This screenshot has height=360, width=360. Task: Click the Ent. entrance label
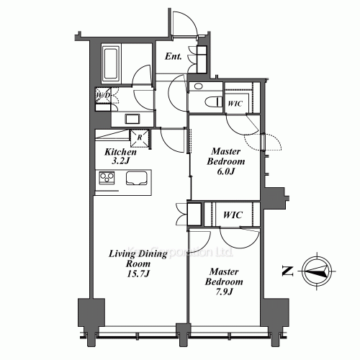click(173, 55)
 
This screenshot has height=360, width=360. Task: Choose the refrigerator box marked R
click(138, 138)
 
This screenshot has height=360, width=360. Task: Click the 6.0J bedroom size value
click(225, 172)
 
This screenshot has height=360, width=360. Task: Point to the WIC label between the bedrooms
click(232, 215)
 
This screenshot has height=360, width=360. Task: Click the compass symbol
click(315, 271)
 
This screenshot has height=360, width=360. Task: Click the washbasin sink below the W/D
click(133, 118)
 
